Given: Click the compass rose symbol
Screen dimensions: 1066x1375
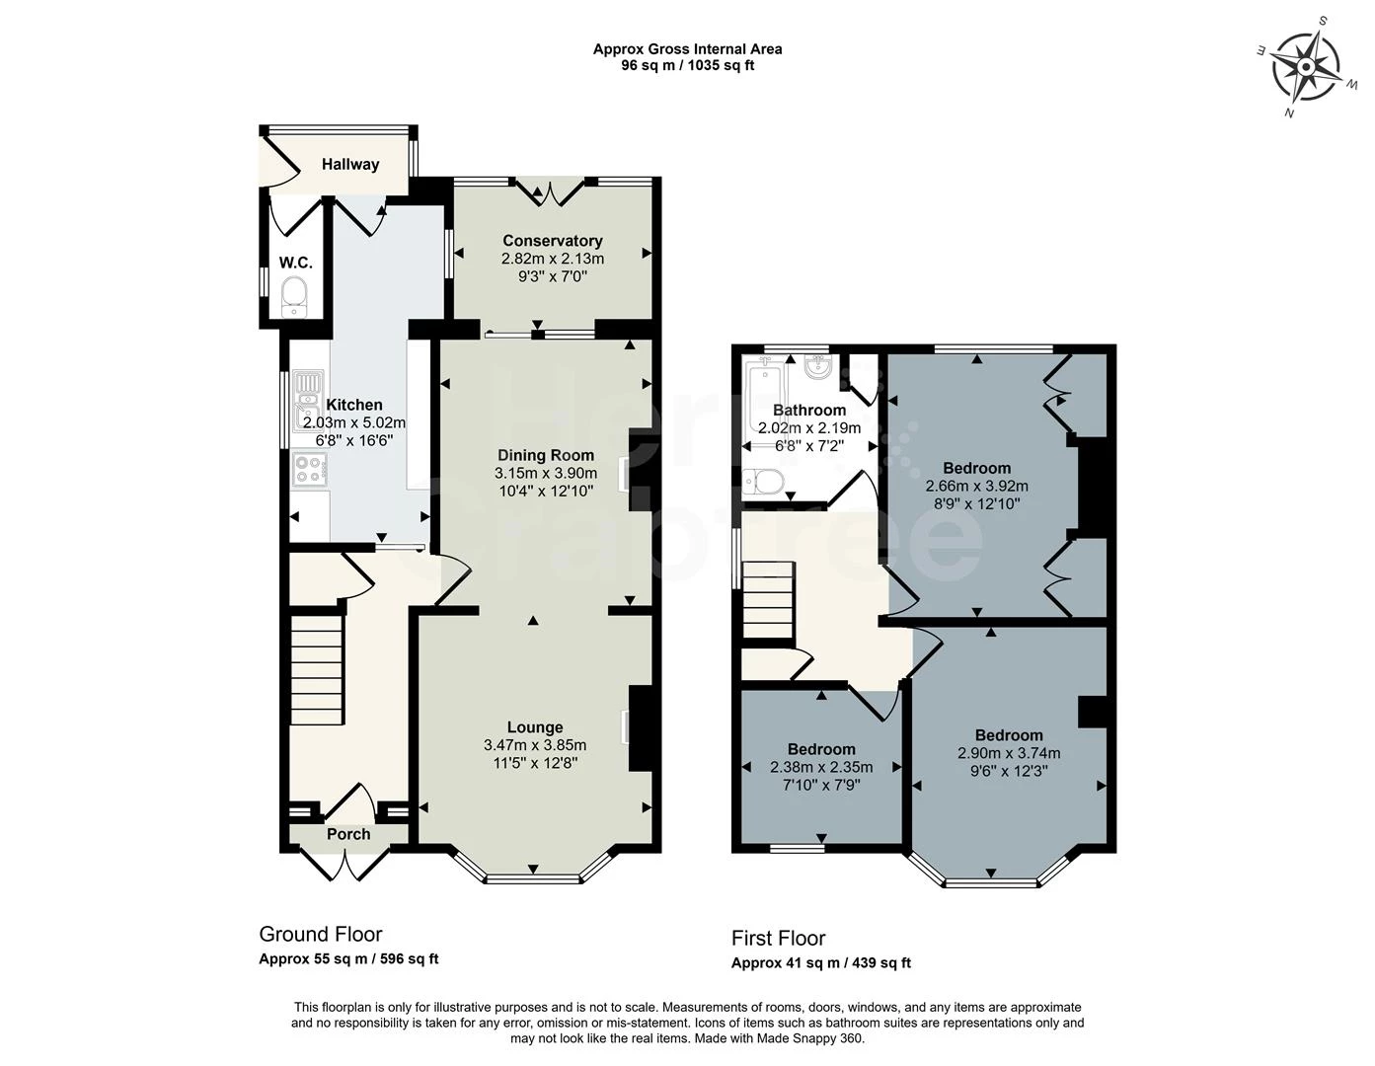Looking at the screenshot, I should pyautogui.click(x=1306, y=67).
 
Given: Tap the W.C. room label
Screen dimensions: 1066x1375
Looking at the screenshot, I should pyautogui.click(x=295, y=263).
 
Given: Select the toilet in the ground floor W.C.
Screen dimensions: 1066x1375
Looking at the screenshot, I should pyautogui.click(x=295, y=296).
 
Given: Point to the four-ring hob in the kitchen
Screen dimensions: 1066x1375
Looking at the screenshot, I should pyautogui.click(x=310, y=469).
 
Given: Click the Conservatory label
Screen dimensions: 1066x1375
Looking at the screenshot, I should pyautogui.click(x=552, y=241).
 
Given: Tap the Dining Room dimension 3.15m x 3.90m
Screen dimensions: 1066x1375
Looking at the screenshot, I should pyautogui.click(x=545, y=474).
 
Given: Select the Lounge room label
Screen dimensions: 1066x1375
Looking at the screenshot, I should pyautogui.click(x=535, y=727).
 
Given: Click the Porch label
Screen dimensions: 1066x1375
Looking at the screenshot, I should pyautogui.click(x=348, y=834).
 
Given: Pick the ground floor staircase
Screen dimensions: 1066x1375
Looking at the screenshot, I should pyautogui.click(x=318, y=668).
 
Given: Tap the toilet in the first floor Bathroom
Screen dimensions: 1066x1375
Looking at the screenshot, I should pyautogui.click(x=766, y=481).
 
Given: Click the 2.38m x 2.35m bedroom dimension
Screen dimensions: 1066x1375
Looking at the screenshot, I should pyautogui.click(x=821, y=767).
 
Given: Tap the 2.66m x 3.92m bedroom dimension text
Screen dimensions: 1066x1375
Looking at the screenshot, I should pyautogui.click(x=976, y=486).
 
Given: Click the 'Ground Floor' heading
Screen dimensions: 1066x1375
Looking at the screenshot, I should pyautogui.click(x=320, y=935).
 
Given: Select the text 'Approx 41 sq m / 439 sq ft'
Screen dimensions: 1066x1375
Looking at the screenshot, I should pyautogui.click(x=820, y=963).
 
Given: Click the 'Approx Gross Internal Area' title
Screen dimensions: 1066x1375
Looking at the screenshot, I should pyautogui.click(x=687, y=48).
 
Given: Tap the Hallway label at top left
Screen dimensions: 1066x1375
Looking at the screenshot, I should pyautogui.click(x=349, y=165).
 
